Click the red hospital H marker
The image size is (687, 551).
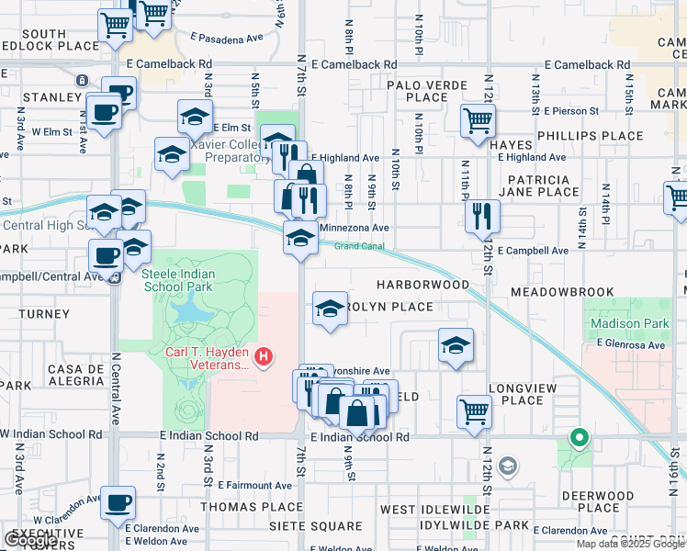(x=265, y=356)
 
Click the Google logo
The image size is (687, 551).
(x=29, y=540)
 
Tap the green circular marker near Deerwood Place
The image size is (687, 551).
(x=579, y=438)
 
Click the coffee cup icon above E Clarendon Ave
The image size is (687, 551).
(x=118, y=503)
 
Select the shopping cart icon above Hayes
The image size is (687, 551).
(x=478, y=119)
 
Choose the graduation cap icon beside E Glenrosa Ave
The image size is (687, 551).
(x=456, y=345)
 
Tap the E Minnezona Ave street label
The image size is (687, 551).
(x=355, y=228)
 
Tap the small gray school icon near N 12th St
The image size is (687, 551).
(x=507, y=467)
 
